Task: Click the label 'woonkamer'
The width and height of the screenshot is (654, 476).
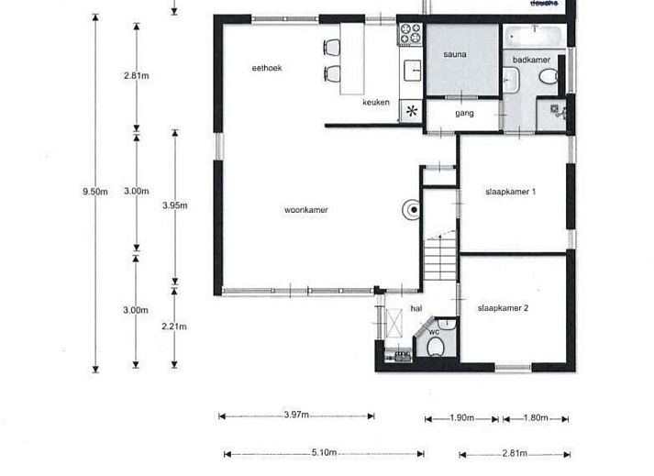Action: click(x=306, y=210)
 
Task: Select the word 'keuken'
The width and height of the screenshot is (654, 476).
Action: click(x=376, y=103)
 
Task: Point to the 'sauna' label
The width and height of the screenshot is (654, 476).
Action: click(x=455, y=55)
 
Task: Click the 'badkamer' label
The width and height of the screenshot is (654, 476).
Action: click(x=532, y=60)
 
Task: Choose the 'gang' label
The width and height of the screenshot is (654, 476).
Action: click(x=464, y=114)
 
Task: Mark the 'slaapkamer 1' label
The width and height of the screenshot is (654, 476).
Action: click(x=510, y=192)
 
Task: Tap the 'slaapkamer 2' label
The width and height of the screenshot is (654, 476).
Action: click(x=503, y=308)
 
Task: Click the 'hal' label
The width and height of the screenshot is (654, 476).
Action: click(x=416, y=309)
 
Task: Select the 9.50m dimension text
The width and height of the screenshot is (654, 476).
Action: click(x=95, y=192)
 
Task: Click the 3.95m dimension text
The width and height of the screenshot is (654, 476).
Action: click(x=174, y=205)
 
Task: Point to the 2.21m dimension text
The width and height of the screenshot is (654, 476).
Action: click(x=174, y=326)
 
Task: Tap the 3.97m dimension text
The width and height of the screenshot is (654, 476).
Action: click(x=295, y=415)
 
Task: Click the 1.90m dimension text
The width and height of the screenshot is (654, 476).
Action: click(x=462, y=418)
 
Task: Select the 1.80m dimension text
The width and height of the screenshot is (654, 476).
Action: click(x=534, y=418)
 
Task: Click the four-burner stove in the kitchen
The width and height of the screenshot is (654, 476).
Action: click(x=410, y=34)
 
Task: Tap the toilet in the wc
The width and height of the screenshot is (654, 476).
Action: click(x=436, y=345)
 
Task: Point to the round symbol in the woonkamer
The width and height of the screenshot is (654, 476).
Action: click(x=414, y=210)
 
